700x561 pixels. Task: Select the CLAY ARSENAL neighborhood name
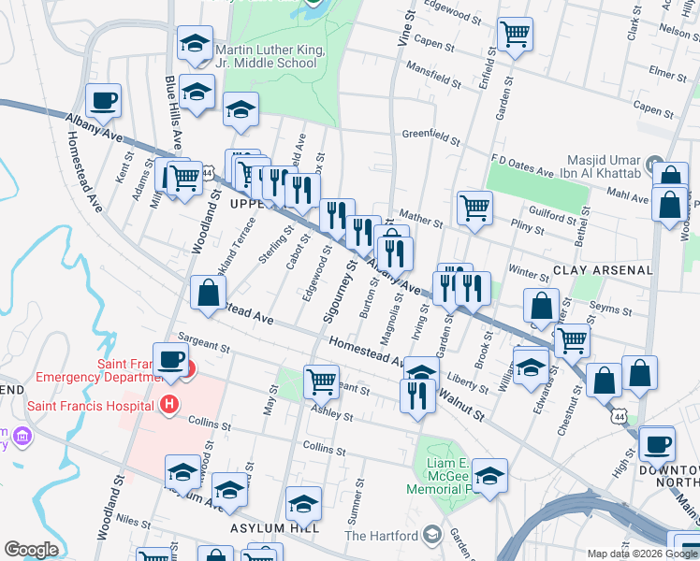[x=602, y=269]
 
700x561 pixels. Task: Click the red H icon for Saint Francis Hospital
[x=169, y=405]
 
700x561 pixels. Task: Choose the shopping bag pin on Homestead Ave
[x=206, y=293]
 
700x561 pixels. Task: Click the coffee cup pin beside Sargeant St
[x=170, y=359]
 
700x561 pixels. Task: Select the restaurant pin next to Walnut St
[x=416, y=395]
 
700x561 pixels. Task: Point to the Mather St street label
[x=422, y=218]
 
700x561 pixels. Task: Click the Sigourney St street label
[x=340, y=292]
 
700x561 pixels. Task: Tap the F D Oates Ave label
[x=522, y=168]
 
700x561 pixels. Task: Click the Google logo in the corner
[x=31, y=550]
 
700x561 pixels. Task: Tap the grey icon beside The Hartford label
[x=432, y=535]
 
